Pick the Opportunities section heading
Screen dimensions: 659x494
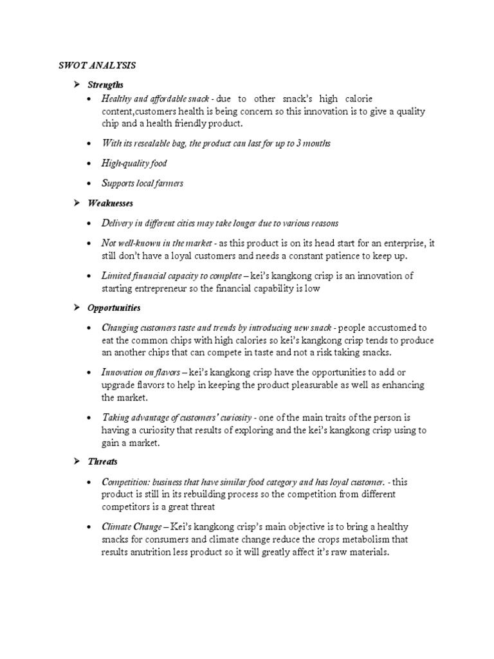[x=116, y=308]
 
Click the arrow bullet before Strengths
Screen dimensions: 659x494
[x=75, y=85]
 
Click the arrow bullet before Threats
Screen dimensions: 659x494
[x=75, y=462]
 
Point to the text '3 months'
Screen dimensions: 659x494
[x=313, y=144]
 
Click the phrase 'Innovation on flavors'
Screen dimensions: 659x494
[x=140, y=373]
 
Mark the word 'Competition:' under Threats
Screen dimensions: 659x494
[x=124, y=482]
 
